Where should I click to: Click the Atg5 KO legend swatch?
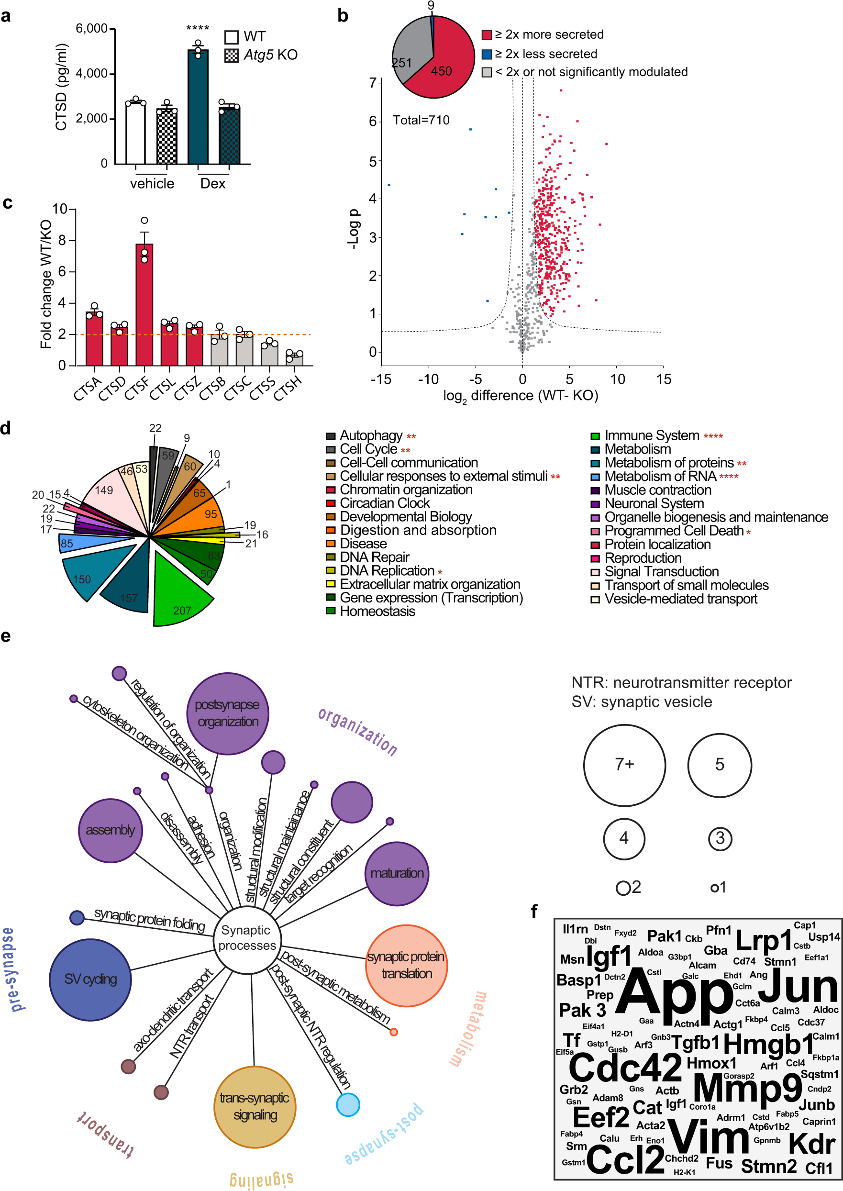coord(232,56)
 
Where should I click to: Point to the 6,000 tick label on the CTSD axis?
coord(92,29)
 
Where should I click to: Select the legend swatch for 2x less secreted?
coord(487,54)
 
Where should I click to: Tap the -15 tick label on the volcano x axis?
coord(380,379)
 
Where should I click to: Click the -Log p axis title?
coord(353,229)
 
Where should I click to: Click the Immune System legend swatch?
coord(595,436)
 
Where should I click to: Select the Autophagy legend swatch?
coord(330,436)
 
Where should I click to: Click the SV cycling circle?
coord(90,979)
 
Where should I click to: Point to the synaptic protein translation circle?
coord(406,966)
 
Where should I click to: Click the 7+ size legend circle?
coord(624,765)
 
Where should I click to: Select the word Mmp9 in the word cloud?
coord(747,1087)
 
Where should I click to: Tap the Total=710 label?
coord(421,121)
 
